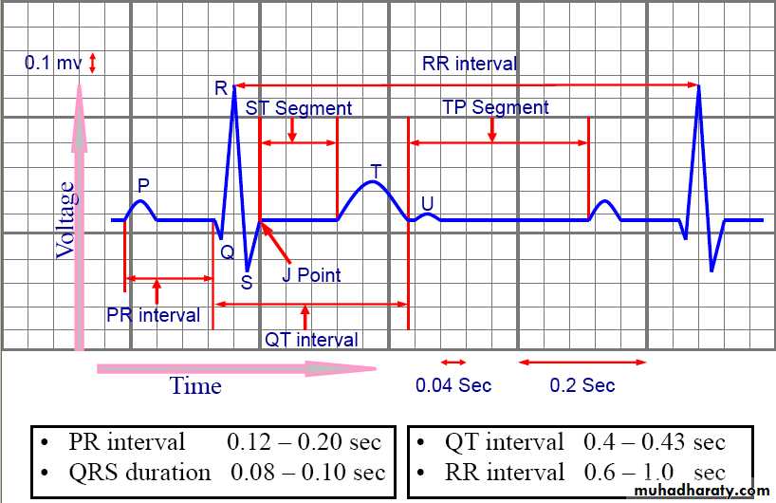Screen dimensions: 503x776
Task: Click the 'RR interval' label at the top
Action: (x=470, y=65)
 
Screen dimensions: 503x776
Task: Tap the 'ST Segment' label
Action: (x=298, y=108)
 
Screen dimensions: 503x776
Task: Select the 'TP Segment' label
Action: (x=495, y=107)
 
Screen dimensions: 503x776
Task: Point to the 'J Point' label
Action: (x=311, y=275)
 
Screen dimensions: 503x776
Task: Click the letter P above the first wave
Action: (x=143, y=184)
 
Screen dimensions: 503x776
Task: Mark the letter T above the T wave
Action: (x=376, y=171)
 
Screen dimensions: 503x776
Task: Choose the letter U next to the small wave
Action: (x=427, y=204)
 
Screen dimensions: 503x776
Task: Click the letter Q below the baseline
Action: (x=227, y=251)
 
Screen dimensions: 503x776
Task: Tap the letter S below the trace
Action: (x=247, y=282)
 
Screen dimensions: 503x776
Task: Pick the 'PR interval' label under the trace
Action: (x=153, y=315)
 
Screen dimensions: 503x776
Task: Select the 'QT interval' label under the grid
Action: (x=311, y=339)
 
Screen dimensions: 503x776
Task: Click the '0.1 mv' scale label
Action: (x=53, y=64)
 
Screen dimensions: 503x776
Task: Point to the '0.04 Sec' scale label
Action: (x=453, y=385)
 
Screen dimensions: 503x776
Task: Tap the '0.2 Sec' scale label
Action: (x=582, y=385)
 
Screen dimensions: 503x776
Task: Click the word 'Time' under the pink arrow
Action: (x=195, y=385)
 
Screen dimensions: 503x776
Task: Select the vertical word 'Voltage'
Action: (x=65, y=220)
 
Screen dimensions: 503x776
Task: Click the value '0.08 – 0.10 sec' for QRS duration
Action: (x=307, y=472)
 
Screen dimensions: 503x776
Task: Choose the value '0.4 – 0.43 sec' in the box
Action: (x=654, y=442)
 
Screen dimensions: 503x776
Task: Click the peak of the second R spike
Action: (x=699, y=87)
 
